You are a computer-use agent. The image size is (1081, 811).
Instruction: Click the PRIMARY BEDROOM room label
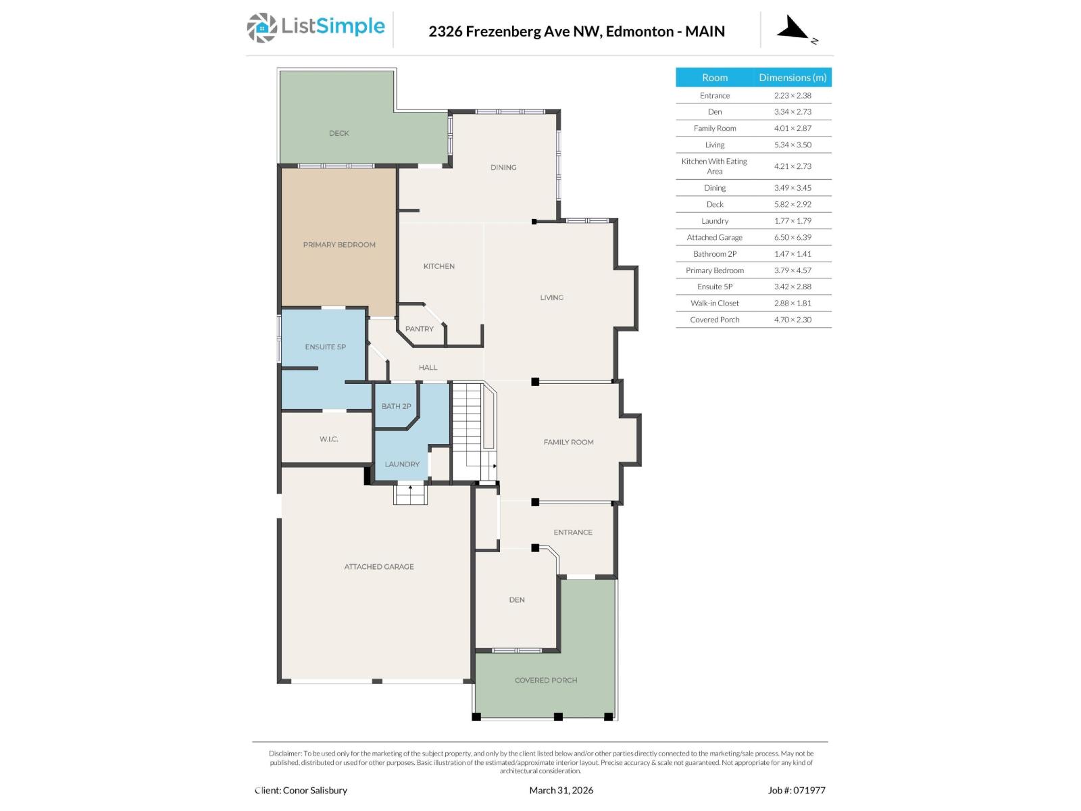point(339,245)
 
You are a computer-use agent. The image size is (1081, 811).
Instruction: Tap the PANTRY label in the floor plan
point(419,329)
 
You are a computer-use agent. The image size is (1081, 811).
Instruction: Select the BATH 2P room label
point(396,406)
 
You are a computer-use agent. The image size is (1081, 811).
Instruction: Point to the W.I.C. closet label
point(329,439)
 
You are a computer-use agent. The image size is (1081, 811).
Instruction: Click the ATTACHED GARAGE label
point(379,567)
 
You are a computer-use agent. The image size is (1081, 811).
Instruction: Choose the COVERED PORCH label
point(546,681)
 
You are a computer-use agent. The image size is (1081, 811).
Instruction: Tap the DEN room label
point(517,600)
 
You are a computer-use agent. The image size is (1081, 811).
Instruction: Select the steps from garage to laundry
point(411,495)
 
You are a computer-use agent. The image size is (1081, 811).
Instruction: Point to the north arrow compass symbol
point(794,30)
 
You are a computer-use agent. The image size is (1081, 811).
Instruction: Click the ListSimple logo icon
point(261,28)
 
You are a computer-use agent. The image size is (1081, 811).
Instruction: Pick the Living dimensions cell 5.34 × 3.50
point(793,145)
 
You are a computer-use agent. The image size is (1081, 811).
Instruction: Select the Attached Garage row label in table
point(714,237)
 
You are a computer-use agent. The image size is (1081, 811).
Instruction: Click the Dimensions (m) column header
point(793,78)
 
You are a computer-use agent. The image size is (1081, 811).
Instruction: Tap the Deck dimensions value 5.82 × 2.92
point(793,204)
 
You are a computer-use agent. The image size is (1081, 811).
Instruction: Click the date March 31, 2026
point(561,790)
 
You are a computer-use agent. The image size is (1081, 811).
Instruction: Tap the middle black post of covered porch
point(558,716)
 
